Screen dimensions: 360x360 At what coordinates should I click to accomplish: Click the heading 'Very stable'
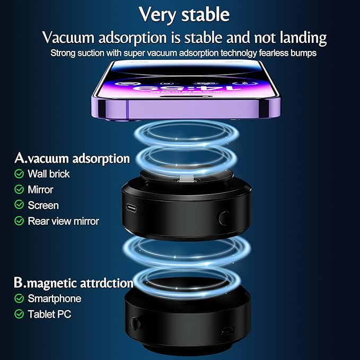[x=184, y=15]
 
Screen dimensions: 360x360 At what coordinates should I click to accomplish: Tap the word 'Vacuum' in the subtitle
[x=68, y=37]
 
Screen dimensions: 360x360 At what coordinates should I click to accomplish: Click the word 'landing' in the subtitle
[x=303, y=38]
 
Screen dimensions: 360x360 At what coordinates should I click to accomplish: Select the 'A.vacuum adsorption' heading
[x=72, y=159]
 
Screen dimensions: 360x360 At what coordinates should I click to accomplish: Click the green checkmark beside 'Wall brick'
[x=19, y=174]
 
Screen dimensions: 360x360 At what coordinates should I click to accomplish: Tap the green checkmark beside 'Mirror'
[x=19, y=189]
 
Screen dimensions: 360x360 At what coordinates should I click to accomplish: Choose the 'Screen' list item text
[x=43, y=205]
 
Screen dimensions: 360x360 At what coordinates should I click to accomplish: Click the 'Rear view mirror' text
[x=64, y=221]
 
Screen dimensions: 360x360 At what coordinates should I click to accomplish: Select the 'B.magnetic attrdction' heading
[x=74, y=283]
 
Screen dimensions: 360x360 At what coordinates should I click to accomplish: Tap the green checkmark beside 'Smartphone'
[x=19, y=298]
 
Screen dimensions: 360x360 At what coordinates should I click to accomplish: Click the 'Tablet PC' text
[x=49, y=314]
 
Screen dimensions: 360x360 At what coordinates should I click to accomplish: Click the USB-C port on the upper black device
[x=131, y=208]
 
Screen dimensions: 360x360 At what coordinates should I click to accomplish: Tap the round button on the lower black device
[x=135, y=324]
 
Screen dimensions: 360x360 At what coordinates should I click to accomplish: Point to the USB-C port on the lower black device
[x=228, y=331]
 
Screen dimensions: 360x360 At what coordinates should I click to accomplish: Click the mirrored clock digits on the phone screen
[x=187, y=89]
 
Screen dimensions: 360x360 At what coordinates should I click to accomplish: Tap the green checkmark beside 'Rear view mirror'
[x=19, y=221]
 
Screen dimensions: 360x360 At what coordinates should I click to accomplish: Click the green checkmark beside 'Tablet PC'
[x=19, y=314]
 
